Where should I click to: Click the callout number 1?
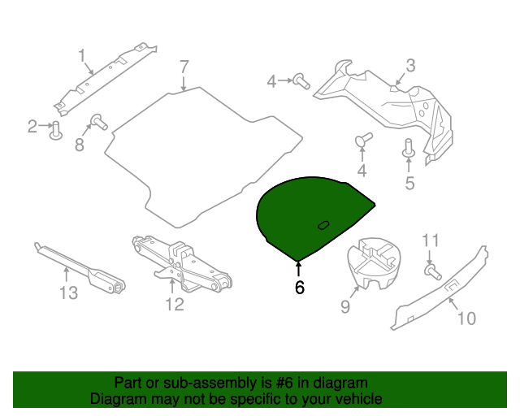pos(82,55)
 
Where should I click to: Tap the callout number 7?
pos(184,66)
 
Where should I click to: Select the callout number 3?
pos(410,66)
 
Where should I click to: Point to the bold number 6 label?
pos(299,288)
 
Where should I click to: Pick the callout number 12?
pos(175,305)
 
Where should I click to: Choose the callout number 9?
pos(344,305)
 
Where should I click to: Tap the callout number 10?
pos(466,318)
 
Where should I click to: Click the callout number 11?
pos(431,240)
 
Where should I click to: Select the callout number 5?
pos(409,183)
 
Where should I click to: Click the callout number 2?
pos(32,126)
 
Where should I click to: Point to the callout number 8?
pos(80,145)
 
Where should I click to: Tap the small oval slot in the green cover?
pos(323,224)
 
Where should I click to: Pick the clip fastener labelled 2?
pos(56,130)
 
